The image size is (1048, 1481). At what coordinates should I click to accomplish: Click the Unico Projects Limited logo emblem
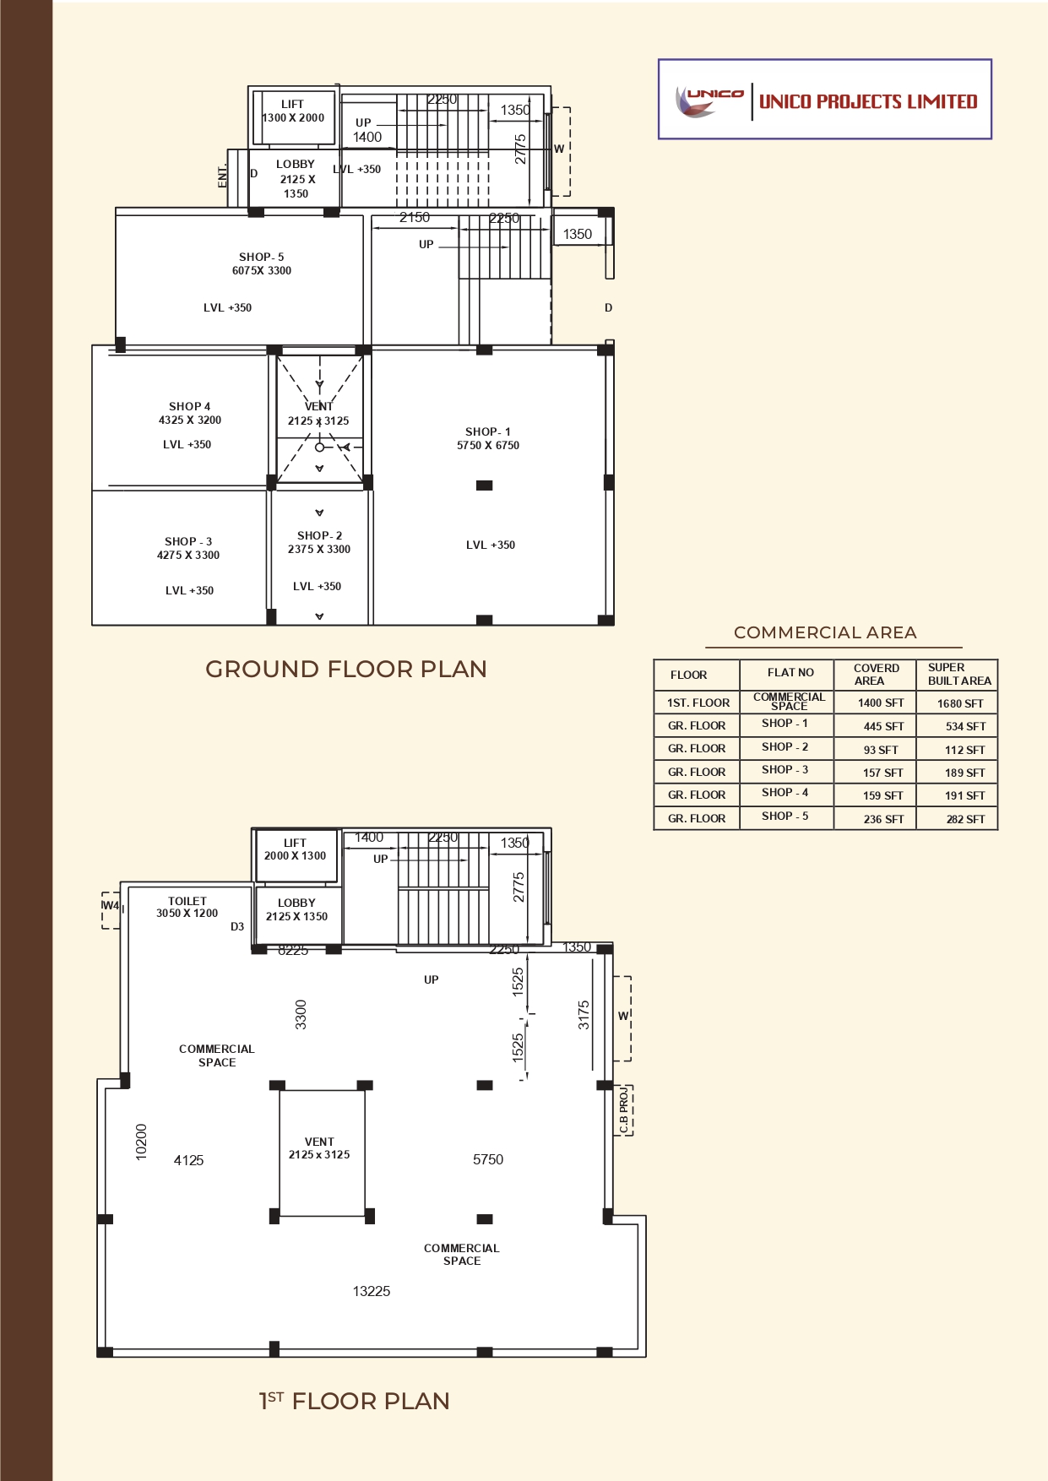coord(708,100)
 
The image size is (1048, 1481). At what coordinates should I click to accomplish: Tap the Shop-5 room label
coord(262,257)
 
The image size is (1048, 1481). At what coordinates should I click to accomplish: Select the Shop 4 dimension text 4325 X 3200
coord(190,420)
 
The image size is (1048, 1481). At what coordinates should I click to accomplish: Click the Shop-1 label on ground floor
coord(488,431)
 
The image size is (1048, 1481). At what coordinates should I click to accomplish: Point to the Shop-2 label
coord(319,535)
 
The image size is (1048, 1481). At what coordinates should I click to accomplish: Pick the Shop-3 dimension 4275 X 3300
coord(188,555)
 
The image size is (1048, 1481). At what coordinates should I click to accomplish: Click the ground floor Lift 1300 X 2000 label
coord(293,111)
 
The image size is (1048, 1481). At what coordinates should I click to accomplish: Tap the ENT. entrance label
coord(223,176)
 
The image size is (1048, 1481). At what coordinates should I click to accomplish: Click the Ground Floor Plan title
coord(346,669)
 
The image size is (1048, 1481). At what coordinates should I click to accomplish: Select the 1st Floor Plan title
coord(354,1401)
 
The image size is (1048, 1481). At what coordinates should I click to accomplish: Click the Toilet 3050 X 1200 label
coord(187,907)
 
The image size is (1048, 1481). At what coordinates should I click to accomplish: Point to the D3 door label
coord(237,926)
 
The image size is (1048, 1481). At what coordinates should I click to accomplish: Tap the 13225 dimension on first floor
coord(372,1291)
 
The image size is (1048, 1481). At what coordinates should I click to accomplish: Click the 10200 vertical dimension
coord(141,1142)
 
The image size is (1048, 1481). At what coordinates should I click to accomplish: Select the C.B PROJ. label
coord(623,1110)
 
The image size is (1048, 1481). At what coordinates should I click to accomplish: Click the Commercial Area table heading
coord(825,632)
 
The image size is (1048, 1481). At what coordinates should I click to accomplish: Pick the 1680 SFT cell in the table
coord(960,703)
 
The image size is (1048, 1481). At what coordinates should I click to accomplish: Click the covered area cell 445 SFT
coord(883,726)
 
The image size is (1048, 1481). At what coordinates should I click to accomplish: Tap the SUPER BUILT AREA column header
coord(958,674)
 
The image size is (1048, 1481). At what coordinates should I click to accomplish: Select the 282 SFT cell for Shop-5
coord(965,819)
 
